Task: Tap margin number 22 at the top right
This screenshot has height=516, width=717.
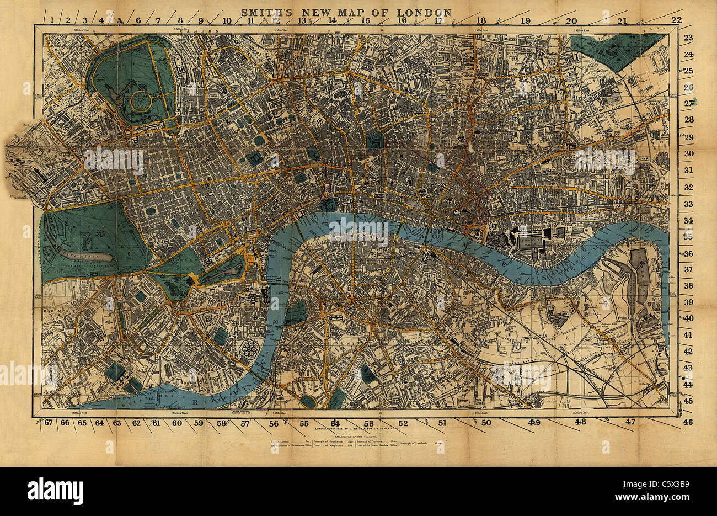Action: tap(676, 20)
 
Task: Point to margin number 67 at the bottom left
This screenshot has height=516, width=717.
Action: tap(49, 423)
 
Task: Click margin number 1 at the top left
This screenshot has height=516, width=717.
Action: tap(52, 20)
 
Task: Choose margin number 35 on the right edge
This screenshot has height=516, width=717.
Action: tap(688, 236)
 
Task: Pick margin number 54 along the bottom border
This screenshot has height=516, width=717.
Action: tap(335, 423)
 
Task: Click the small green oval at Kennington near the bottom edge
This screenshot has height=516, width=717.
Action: tap(308, 402)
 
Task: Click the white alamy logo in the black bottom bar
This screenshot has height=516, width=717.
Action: tap(55, 490)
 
